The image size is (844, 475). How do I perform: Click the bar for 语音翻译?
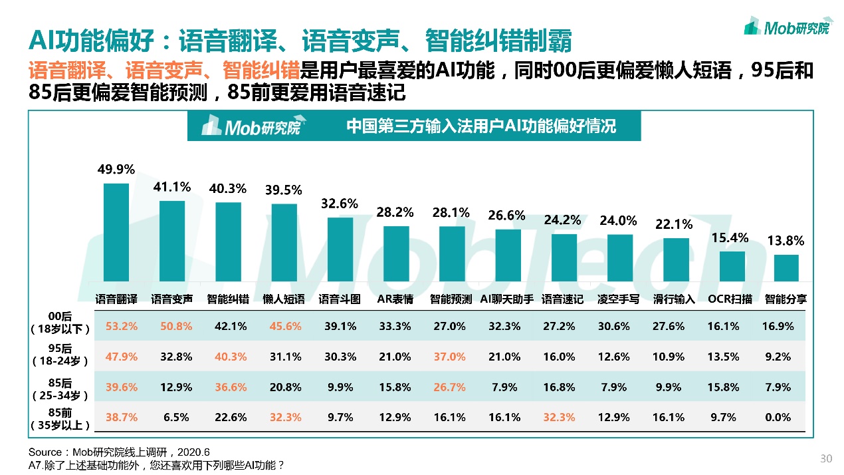click(116, 232)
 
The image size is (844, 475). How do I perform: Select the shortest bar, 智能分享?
click(786, 268)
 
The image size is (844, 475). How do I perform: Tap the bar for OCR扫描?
click(732, 266)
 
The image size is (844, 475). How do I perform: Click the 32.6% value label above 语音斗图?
click(340, 204)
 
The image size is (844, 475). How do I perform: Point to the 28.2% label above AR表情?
click(395, 212)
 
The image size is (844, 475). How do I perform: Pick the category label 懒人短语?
click(284, 299)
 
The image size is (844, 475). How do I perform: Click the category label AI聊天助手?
click(507, 299)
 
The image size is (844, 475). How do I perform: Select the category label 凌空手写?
click(618, 299)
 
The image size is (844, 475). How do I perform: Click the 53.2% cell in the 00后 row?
click(122, 327)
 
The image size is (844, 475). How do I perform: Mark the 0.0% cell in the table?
click(778, 418)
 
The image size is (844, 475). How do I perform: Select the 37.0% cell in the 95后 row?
click(450, 357)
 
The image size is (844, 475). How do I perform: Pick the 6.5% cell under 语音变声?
click(176, 418)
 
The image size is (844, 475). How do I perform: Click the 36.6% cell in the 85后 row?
click(231, 387)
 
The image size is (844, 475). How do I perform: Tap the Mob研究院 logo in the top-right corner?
click(787, 27)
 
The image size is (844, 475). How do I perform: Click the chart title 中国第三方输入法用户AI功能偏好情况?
click(482, 126)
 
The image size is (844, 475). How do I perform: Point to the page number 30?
click(826, 458)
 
